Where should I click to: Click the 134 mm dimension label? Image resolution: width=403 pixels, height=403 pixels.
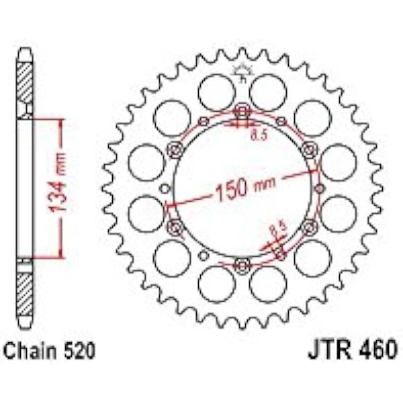tap(57, 183)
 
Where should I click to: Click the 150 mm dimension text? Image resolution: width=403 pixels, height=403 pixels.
tap(245, 187)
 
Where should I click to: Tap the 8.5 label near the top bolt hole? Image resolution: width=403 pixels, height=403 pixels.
tap(259, 135)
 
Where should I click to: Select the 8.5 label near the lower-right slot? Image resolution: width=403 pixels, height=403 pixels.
tap(278, 228)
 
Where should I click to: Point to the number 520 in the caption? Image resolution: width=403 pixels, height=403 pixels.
tap(80, 351)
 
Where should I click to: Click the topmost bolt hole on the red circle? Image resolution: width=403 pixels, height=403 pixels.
tap(242, 111)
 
